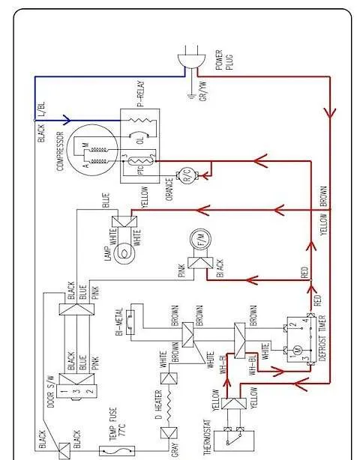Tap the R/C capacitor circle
pos(184,177)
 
